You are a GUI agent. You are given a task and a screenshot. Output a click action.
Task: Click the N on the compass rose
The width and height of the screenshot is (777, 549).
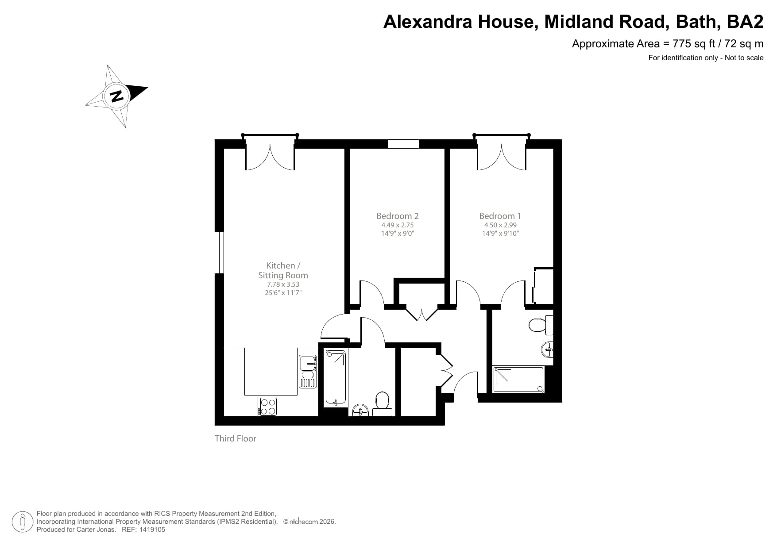tap(117, 96)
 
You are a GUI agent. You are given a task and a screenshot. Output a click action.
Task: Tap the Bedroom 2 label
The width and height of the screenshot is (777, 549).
tap(397, 216)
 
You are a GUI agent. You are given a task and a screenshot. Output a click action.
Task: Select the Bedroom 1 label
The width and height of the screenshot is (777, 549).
tap(500, 216)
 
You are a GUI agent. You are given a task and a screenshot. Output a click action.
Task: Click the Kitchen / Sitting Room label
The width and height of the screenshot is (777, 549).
tap(283, 270)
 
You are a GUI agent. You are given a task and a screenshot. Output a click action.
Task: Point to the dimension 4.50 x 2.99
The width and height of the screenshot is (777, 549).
tap(500, 225)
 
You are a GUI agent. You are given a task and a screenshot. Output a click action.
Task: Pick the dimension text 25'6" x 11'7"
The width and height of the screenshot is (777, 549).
tap(283, 292)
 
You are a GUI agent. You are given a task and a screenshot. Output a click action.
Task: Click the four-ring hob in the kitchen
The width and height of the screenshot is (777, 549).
tap(267, 407)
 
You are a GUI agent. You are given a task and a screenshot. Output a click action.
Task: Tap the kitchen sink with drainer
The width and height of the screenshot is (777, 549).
tap(308, 371)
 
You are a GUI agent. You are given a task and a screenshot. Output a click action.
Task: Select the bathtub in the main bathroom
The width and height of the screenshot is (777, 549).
tap(336, 377)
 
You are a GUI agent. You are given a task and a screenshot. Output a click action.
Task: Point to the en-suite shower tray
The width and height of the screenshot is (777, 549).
tap(518, 380)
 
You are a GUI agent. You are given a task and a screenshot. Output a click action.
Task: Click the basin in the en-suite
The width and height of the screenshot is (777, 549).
tap(547, 350)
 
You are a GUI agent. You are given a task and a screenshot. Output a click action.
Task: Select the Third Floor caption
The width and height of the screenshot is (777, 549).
tap(235, 438)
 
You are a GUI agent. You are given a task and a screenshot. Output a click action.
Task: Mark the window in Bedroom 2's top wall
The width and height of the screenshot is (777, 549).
tap(403, 143)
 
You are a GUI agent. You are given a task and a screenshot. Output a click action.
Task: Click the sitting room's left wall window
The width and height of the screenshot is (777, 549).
tap(219, 252)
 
